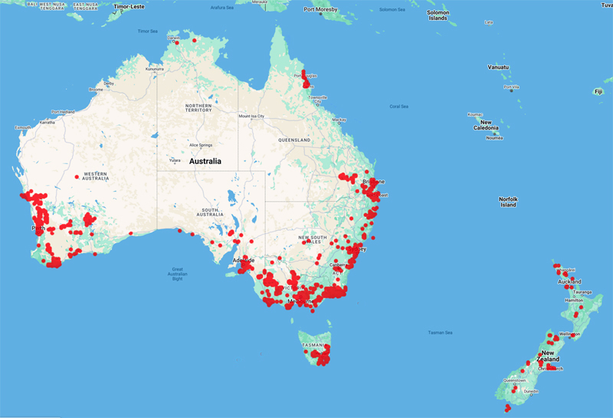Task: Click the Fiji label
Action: tap(598, 91)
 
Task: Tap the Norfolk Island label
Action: tap(508, 201)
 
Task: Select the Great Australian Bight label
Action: tap(178, 274)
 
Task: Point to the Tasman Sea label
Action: tap(441, 332)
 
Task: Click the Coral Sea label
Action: tap(399, 106)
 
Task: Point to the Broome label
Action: tap(96, 89)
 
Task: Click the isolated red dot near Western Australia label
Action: tap(77, 177)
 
